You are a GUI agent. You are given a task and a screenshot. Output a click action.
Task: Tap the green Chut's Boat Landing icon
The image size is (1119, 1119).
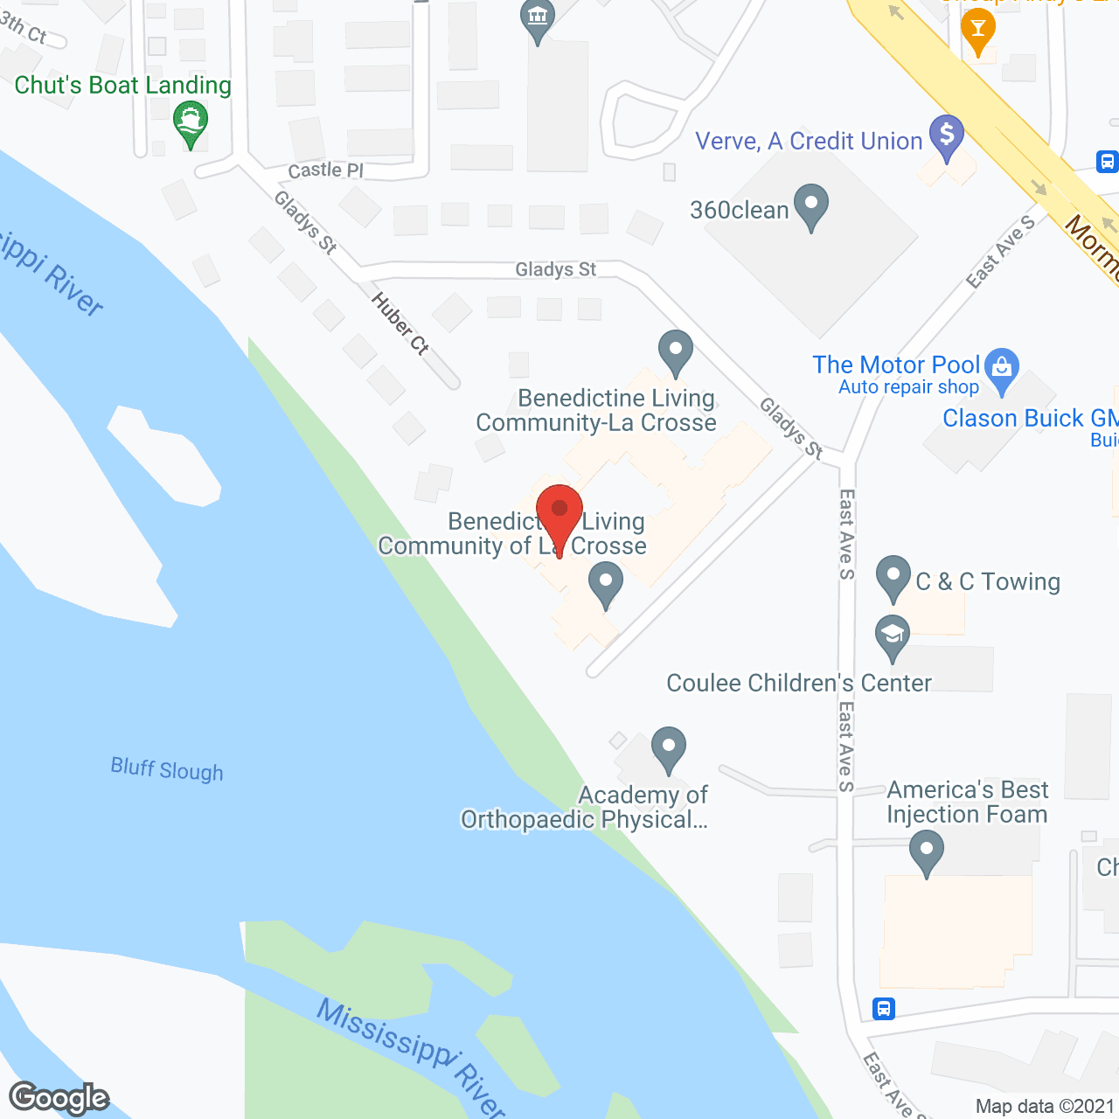(x=191, y=123)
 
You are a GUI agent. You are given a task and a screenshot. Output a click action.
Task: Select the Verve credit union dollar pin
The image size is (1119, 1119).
(x=947, y=137)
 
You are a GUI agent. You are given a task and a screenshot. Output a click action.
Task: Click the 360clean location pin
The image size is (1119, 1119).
(x=812, y=205)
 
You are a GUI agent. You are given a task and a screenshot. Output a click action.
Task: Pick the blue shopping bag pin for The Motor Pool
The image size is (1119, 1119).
(x=1002, y=371)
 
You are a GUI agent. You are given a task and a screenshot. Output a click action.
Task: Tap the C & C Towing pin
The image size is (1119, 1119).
(x=893, y=577)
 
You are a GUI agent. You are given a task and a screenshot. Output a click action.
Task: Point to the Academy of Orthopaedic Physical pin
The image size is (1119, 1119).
(x=669, y=749)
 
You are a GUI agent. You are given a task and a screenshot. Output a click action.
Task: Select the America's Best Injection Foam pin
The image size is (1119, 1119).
(x=926, y=851)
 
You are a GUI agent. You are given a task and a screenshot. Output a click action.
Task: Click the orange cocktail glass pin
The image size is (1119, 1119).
(x=977, y=31)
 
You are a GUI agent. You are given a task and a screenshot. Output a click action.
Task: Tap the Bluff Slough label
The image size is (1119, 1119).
(x=167, y=769)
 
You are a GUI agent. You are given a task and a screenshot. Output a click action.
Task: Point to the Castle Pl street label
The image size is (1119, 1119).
(x=325, y=170)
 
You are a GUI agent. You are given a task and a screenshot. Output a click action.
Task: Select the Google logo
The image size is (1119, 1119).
(x=59, y=1098)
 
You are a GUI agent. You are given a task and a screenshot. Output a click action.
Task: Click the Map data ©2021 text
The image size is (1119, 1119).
(x=1046, y=1106)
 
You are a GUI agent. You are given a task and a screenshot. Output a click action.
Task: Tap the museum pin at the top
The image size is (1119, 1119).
(x=538, y=19)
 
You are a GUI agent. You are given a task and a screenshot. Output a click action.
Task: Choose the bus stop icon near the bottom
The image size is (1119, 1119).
(x=884, y=1009)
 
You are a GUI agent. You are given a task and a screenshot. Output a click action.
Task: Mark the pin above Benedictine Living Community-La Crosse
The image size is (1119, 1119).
(x=675, y=352)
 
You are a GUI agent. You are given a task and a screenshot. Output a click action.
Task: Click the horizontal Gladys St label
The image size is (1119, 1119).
(x=556, y=269)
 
